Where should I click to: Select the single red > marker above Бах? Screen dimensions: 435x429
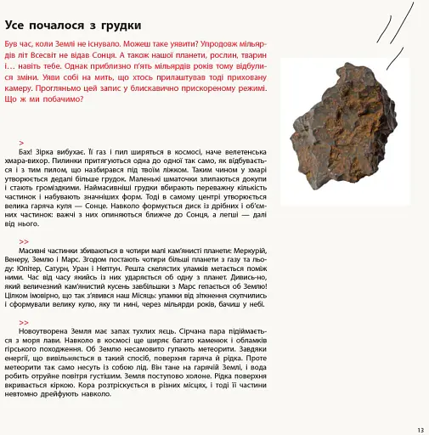click(20, 141)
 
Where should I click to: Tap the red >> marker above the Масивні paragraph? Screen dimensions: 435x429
click(24, 241)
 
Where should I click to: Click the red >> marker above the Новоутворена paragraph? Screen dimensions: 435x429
click(24, 322)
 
